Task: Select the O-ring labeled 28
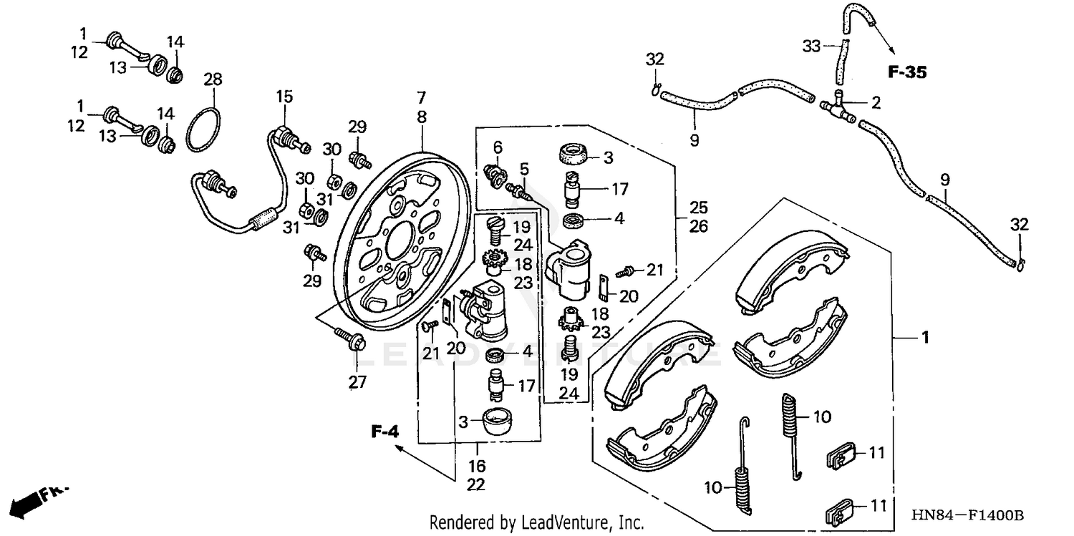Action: click(x=204, y=130)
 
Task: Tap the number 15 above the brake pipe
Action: click(x=285, y=96)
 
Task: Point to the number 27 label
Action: click(x=358, y=382)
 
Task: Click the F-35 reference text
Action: click(x=907, y=72)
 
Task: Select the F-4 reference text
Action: click(x=384, y=432)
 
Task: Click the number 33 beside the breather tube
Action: click(x=811, y=47)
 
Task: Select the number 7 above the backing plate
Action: click(x=422, y=96)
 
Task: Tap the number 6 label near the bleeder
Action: click(x=498, y=147)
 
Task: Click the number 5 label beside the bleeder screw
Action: click(x=524, y=169)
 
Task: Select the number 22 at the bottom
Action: click(x=476, y=484)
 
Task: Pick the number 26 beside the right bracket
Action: click(x=699, y=227)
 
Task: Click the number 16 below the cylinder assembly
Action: click(x=476, y=467)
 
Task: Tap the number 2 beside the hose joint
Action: click(x=875, y=103)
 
